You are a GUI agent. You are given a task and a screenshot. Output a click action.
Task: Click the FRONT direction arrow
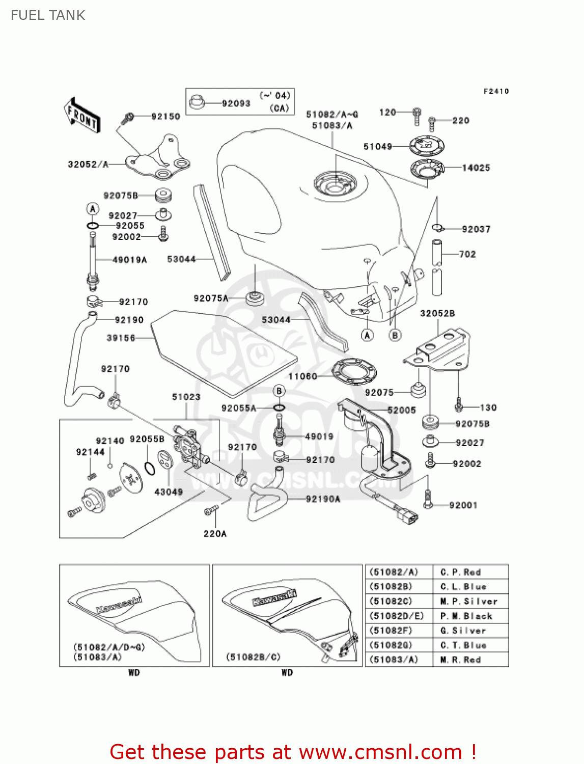click(x=82, y=115)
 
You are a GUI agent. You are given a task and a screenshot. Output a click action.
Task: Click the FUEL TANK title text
click(x=48, y=15)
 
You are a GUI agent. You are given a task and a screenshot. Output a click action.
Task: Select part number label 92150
click(x=165, y=117)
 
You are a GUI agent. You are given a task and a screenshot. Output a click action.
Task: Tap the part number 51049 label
click(x=377, y=147)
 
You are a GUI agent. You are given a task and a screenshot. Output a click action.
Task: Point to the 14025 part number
click(x=476, y=168)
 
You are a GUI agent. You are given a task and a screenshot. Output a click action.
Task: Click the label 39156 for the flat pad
click(x=121, y=338)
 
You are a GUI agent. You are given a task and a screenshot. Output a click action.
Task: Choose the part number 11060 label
click(x=302, y=376)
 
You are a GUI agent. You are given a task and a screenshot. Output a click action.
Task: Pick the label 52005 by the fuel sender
click(x=402, y=410)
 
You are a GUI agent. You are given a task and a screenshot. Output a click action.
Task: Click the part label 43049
click(x=169, y=492)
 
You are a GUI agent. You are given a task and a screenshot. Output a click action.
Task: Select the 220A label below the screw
click(x=215, y=534)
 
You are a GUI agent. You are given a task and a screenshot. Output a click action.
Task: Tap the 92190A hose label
click(x=323, y=499)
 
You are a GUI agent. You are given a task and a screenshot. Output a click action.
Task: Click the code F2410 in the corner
click(x=496, y=91)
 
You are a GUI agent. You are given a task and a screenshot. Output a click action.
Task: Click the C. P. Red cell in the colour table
click(x=461, y=572)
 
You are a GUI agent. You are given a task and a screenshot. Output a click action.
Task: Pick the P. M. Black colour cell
click(x=466, y=616)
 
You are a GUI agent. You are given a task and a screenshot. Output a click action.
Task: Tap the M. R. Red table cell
click(x=461, y=660)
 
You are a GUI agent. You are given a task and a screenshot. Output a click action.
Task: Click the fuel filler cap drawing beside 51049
click(x=427, y=146)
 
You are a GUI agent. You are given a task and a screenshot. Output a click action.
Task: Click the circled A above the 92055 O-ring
click(x=93, y=208)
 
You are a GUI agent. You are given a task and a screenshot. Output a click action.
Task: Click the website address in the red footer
click(x=380, y=752)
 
